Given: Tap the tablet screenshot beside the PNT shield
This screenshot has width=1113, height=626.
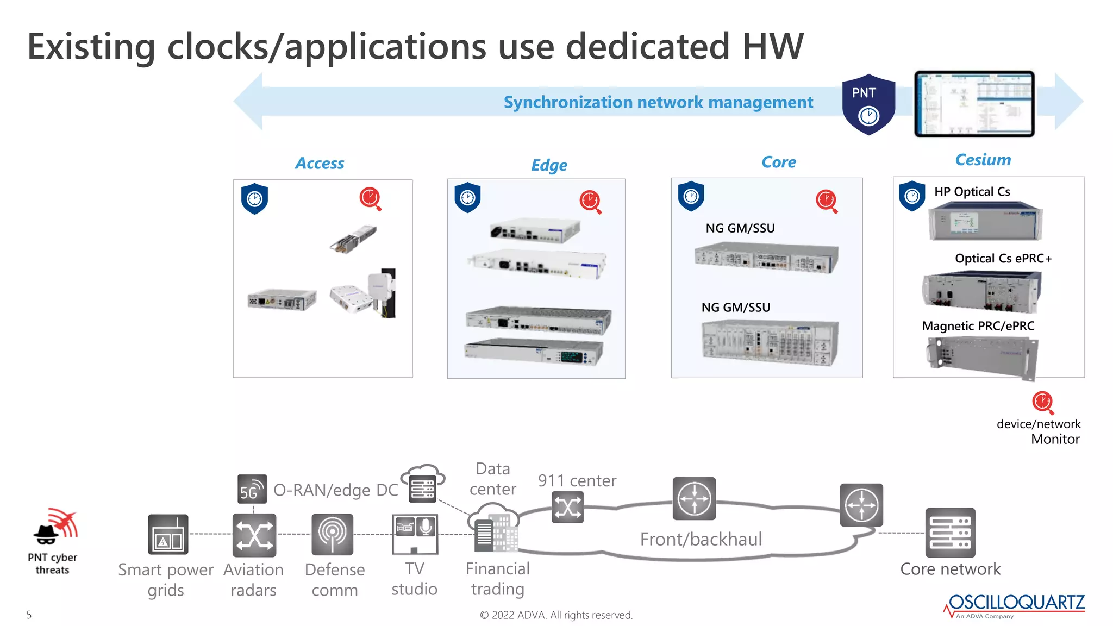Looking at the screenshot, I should tap(974, 103).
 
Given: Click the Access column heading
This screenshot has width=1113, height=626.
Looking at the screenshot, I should tap(320, 164).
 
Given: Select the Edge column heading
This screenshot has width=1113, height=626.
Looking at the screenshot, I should tap(549, 165).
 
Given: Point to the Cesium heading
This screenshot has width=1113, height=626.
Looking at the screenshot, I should tap(983, 160).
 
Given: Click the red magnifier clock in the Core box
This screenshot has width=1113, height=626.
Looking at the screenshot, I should tap(826, 201).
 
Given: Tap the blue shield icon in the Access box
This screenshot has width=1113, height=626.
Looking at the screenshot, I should tap(254, 199).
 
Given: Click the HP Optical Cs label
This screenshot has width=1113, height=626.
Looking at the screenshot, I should tap(972, 192).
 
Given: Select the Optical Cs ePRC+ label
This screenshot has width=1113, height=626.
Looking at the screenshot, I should tap(1003, 259).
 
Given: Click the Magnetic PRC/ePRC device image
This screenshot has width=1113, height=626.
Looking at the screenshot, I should tap(983, 357).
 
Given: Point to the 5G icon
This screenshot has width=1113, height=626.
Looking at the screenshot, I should tap(252, 489).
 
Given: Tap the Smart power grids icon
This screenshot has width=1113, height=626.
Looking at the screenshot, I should tap(168, 535).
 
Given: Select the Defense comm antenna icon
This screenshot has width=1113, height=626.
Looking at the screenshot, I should tap(332, 535).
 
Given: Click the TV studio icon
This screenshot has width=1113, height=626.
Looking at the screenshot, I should tap(415, 534).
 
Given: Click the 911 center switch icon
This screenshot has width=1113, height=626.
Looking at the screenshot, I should tap(567, 508).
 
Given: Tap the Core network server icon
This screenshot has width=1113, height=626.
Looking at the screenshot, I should tap(950, 533).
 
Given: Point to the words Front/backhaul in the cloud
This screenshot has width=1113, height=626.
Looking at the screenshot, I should tap(701, 539).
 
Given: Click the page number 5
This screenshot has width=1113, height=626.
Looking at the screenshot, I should tap(29, 615).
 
